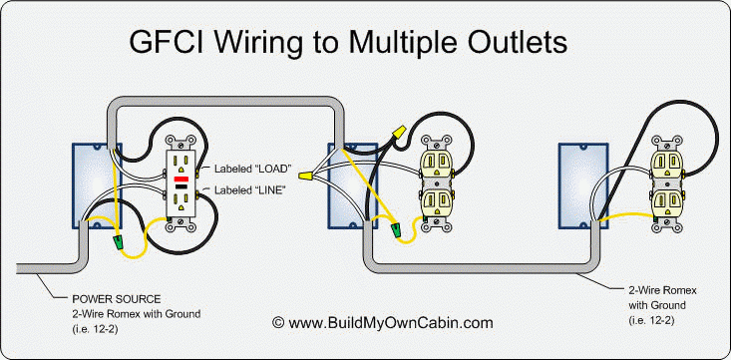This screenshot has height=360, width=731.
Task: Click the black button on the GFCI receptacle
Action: pyautogui.click(x=183, y=186)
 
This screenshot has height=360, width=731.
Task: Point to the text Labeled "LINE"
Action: pyautogui.click(x=246, y=188)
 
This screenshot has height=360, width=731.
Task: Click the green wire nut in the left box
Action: pyautogui.click(x=121, y=241)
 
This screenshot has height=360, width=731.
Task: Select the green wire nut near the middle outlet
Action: pyautogui.click(x=399, y=230)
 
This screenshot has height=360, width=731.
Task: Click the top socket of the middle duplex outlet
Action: pyautogui.click(x=435, y=163)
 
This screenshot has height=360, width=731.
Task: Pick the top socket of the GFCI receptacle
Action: pyautogui.click(x=183, y=160)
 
